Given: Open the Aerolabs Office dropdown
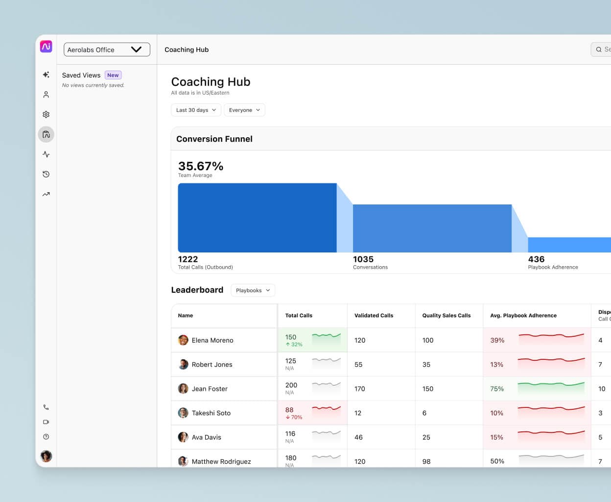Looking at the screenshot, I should (107, 50).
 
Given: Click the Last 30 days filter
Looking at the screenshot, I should (196, 110).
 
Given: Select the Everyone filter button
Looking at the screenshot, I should (244, 110).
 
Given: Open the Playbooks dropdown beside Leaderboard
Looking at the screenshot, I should (253, 290).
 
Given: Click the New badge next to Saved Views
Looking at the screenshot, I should (113, 75).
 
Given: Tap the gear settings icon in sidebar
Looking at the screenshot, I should (46, 114).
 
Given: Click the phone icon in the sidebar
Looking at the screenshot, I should (46, 407).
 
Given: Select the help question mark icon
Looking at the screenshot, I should (46, 437).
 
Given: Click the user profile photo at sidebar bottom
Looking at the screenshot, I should (46, 456).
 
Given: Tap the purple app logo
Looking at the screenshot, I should (46, 47).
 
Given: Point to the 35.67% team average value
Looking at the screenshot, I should (201, 166).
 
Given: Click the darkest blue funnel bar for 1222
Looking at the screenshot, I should (257, 218).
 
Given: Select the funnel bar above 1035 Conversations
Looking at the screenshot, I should (432, 228).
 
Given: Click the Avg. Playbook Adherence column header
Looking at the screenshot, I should (523, 316).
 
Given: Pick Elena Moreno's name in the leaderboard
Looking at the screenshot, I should (212, 340).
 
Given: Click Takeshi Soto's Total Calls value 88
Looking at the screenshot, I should (289, 410).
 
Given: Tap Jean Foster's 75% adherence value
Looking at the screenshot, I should (497, 389).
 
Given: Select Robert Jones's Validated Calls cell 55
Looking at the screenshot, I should (358, 365).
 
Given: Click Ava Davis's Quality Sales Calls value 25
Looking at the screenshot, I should (426, 437).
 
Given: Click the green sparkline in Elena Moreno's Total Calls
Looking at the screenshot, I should (326, 336).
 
